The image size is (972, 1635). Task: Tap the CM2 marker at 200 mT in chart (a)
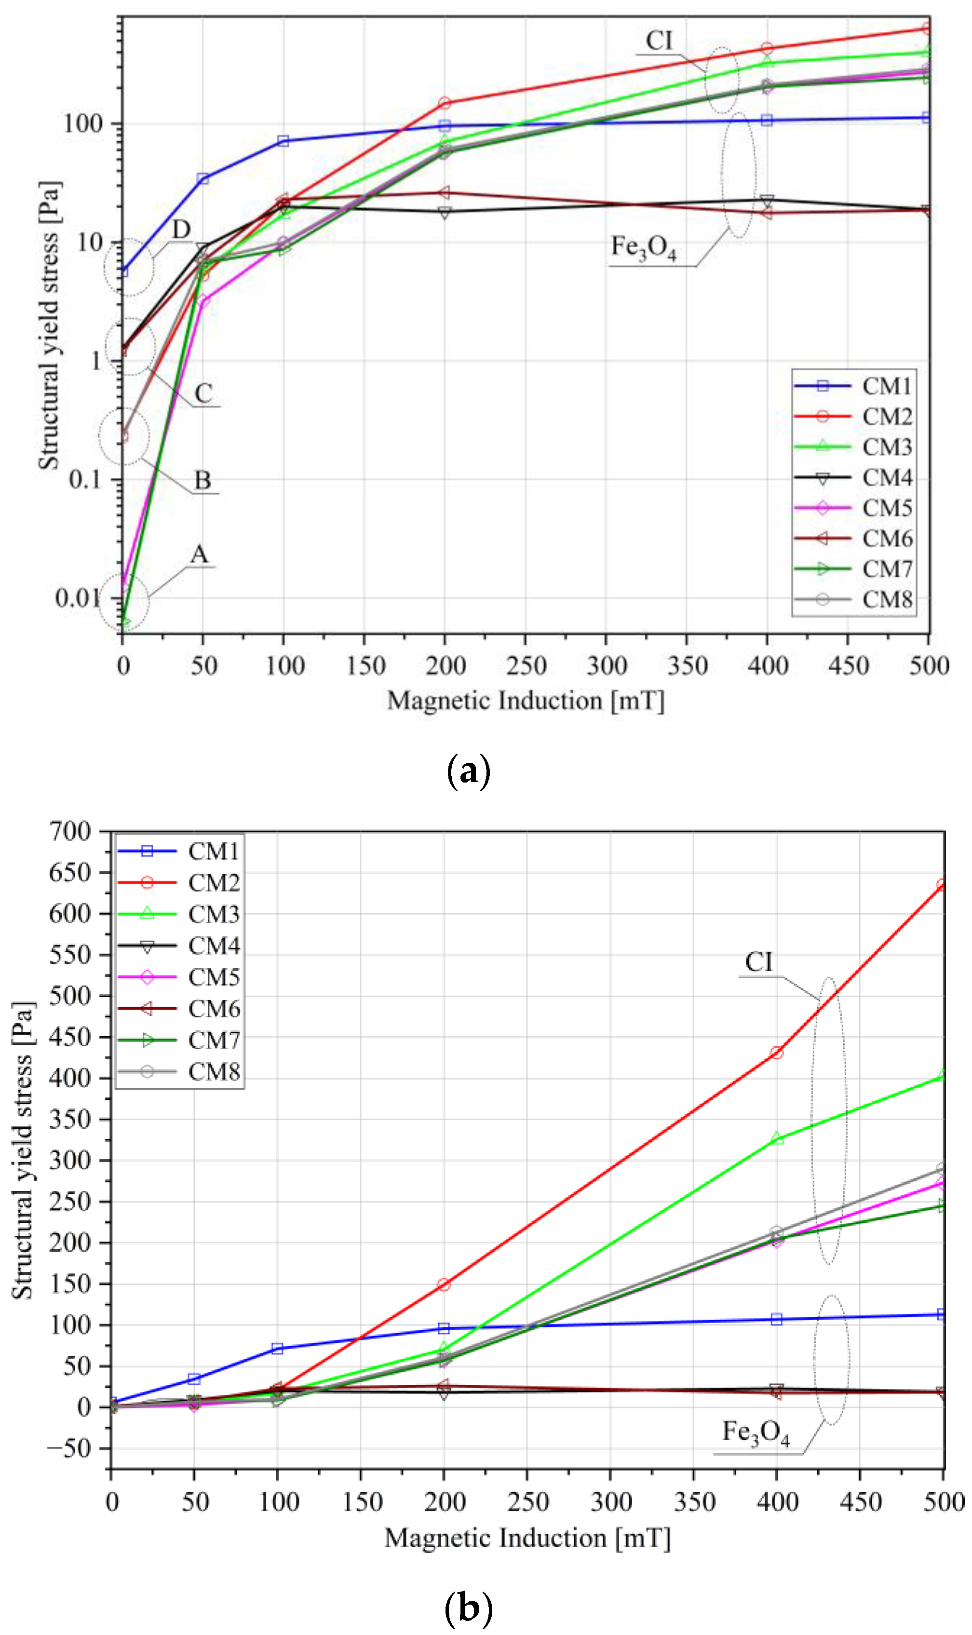pos(445,103)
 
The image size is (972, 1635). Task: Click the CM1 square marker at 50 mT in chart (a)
pos(203,178)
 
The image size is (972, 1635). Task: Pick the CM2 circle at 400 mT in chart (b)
pos(777,1053)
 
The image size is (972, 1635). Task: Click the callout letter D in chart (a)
pos(181,230)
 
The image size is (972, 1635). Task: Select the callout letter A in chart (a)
pos(199,555)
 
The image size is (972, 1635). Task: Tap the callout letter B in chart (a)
pos(202,481)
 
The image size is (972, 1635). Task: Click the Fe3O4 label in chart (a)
pos(643,248)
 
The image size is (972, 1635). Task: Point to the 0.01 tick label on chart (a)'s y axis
pos(77,597)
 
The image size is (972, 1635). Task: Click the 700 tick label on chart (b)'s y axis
pos(71,831)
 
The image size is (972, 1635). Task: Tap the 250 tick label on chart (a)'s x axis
pos(526,666)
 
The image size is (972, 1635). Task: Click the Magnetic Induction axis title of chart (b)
pos(527,1538)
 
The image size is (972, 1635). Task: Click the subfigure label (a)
pos(468,771)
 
